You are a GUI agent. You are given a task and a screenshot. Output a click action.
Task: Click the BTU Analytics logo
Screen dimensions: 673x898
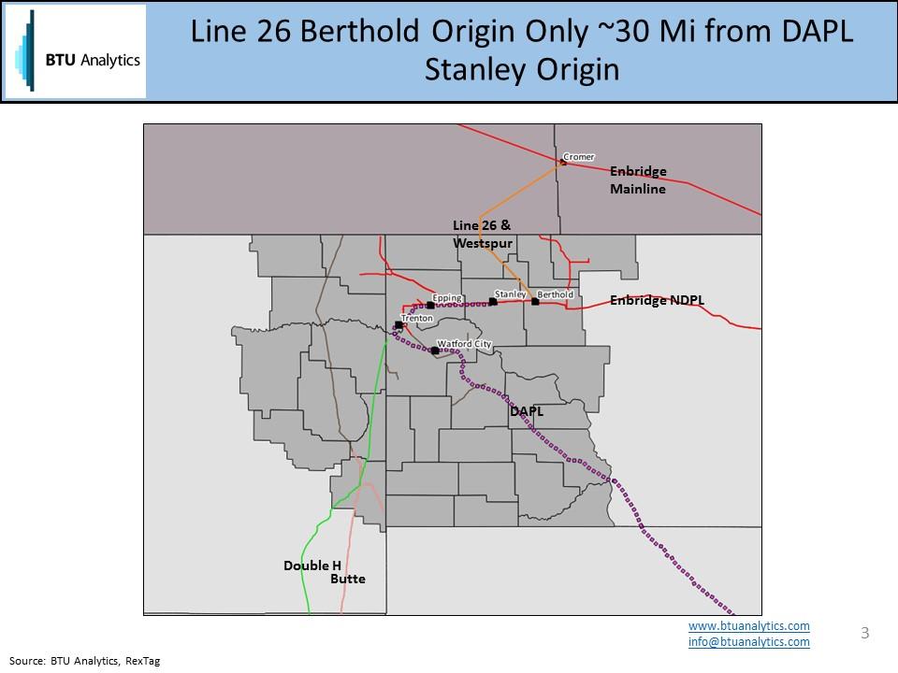(75, 51)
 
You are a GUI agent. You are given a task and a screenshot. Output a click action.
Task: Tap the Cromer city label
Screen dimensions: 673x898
(580, 157)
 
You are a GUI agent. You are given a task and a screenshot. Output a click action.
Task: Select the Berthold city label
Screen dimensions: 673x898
(557, 294)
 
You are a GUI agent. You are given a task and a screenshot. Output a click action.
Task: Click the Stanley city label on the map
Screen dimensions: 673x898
(511, 294)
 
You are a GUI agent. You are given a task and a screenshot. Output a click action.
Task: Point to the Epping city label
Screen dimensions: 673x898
(448, 298)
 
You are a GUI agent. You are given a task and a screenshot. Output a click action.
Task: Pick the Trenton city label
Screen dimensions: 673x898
(417, 319)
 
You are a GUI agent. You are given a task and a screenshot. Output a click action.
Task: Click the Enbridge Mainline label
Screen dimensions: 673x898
(638, 180)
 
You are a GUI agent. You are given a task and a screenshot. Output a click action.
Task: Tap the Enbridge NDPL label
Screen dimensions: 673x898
(657, 300)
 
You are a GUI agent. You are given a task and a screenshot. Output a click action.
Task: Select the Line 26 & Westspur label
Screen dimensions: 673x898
(483, 234)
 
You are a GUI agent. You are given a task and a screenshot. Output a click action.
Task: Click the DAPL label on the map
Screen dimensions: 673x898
(527, 410)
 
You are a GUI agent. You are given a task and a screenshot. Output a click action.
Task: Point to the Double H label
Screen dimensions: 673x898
(307, 566)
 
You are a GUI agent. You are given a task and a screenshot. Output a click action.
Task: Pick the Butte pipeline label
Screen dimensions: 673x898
(348, 580)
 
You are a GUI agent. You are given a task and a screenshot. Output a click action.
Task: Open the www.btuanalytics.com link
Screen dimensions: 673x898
(748, 625)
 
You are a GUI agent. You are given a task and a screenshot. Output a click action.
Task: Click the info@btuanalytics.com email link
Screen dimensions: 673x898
(748, 642)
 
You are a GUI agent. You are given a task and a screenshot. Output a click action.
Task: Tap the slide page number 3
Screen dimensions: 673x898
(864, 633)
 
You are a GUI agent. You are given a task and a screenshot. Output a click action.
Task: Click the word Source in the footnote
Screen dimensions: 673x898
(26, 660)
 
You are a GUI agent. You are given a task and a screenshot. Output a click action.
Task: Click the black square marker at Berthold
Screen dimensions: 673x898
(535, 302)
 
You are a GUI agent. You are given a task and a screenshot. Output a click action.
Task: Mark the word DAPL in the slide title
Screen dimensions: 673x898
(815, 32)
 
